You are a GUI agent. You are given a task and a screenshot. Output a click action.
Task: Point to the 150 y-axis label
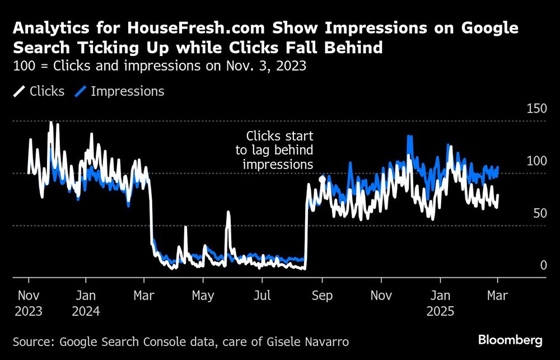[536, 109]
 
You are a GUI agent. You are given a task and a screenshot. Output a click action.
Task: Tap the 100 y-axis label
[536, 161]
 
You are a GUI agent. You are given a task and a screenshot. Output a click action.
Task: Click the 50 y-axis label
[539, 213]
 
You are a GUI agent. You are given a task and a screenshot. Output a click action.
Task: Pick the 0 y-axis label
[543, 265]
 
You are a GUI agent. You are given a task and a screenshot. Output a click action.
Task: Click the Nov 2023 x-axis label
[29, 303]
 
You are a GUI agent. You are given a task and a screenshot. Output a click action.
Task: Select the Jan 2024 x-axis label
[86, 303]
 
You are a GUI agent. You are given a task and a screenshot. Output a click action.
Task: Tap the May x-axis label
[202, 296]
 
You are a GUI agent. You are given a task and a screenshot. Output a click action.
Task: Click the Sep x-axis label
[321, 296]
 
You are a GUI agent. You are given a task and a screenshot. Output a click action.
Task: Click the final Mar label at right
[498, 296]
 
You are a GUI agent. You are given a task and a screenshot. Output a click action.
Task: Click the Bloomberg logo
[510, 340]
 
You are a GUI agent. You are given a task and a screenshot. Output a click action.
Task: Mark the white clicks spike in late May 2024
[228, 213]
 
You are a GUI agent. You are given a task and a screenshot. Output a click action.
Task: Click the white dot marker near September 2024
[322, 179]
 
